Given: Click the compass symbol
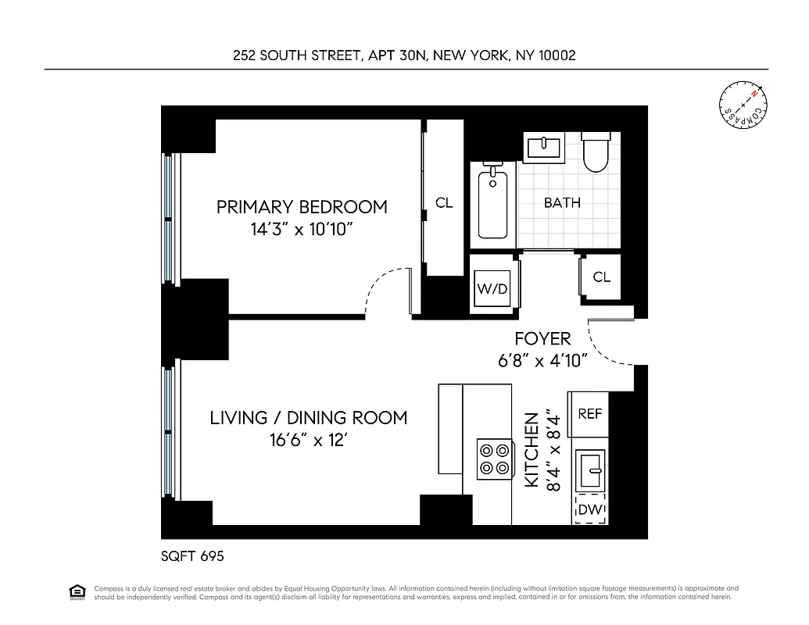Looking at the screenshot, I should (743, 106).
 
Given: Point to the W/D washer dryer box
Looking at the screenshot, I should (492, 289).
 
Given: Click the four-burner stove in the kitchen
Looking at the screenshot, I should (495, 459).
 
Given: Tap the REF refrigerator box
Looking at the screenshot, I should (590, 414).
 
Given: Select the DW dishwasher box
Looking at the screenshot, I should (591, 510).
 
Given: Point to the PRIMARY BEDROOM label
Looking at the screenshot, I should (302, 207).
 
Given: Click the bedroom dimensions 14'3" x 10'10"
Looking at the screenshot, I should (302, 230).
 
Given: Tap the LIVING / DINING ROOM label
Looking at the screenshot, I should (308, 417).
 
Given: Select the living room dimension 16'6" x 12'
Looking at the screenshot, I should (308, 441).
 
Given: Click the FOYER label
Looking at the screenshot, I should (542, 339).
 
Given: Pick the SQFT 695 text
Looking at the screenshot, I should (192, 556).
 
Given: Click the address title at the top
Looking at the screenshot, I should (404, 55).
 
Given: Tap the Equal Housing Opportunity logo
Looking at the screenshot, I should (77, 591).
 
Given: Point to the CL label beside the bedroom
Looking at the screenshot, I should (444, 203).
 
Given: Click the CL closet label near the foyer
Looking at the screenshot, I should (601, 277).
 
